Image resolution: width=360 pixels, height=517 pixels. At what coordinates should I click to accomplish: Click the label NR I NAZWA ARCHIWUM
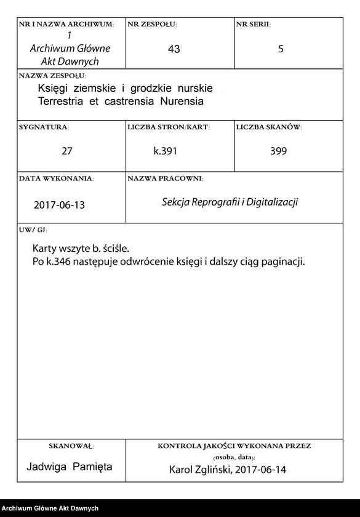(x=66, y=25)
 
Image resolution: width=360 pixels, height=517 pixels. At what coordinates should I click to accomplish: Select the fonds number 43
(x=174, y=49)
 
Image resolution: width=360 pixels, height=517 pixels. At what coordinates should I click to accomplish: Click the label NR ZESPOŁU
(x=152, y=25)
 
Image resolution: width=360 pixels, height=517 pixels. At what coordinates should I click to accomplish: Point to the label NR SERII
(x=253, y=25)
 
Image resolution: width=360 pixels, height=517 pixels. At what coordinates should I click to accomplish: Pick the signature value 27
(x=67, y=151)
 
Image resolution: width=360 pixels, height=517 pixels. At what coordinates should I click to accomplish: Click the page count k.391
(x=166, y=151)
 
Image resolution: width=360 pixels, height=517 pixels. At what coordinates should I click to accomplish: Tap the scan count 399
(x=278, y=151)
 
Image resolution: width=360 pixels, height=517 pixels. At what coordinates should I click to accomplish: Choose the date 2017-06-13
(x=60, y=205)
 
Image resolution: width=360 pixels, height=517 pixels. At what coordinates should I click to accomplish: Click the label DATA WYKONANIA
(x=56, y=178)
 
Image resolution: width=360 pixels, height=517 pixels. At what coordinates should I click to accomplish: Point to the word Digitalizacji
(x=271, y=202)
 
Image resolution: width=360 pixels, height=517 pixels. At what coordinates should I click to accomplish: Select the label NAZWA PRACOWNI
(x=165, y=178)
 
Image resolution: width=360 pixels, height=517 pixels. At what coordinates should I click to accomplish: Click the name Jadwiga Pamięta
(x=70, y=467)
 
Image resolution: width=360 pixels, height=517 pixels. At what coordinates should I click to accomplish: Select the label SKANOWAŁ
(x=71, y=445)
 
